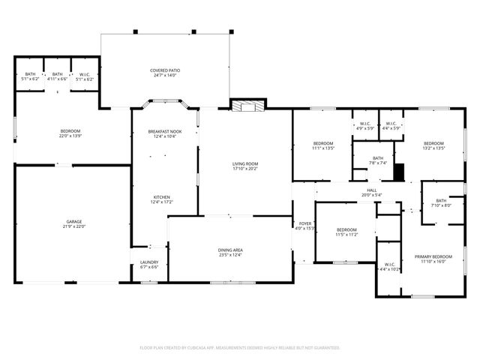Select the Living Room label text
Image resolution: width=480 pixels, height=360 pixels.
(244, 166)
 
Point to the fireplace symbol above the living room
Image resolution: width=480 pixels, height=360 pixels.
(246, 106)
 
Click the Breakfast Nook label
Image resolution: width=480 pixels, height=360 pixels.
(164, 133)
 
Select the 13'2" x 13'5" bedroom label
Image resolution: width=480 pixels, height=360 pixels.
(433, 145)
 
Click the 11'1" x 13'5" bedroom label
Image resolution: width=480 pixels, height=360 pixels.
(323, 145)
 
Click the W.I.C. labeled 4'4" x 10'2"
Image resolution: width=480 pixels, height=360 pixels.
(389, 267)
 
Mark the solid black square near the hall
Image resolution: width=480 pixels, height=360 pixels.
(399, 172)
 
